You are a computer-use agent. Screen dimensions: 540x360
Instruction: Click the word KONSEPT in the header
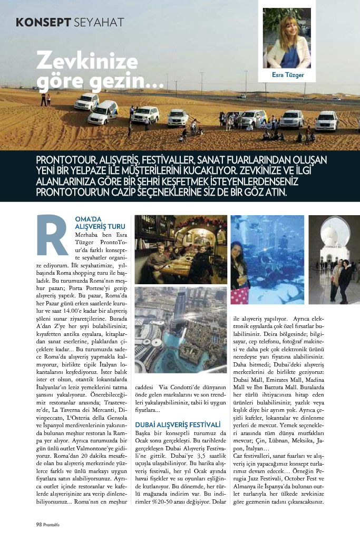point(43,22)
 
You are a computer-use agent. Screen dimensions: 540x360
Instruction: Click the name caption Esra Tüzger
point(287,75)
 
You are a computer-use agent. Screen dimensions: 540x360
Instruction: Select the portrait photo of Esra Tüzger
point(287,38)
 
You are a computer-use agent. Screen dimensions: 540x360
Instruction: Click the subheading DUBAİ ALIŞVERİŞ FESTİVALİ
point(177,424)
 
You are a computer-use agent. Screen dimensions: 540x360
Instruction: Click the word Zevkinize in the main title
point(87,62)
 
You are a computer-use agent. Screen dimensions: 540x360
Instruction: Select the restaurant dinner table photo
point(180,249)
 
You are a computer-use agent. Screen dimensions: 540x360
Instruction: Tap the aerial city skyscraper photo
point(180,330)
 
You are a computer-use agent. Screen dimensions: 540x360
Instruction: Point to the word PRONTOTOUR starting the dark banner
point(65,160)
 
